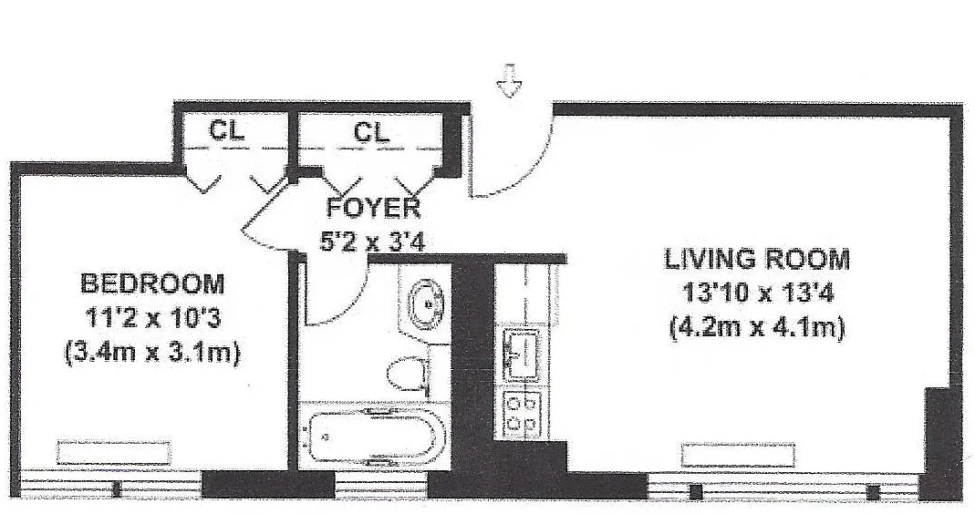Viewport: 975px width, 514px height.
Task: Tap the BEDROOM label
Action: [x=152, y=284]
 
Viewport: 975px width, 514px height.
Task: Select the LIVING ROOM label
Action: [x=757, y=259]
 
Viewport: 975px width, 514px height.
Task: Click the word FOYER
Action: [x=373, y=208]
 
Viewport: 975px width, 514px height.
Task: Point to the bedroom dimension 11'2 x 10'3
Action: [x=152, y=319]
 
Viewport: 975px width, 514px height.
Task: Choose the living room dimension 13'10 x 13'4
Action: [x=757, y=293]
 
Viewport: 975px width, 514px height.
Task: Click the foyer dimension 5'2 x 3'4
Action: [x=372, y=241]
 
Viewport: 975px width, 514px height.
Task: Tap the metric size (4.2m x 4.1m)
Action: [x=757, y=327]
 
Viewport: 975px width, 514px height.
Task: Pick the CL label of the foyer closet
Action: [x=372, y=132]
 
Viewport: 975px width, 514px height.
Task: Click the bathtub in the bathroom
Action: [x=372, y=437]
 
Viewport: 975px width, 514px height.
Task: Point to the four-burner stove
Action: [x=523, y=414]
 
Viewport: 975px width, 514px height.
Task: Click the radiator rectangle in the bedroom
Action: [x=114, y=452]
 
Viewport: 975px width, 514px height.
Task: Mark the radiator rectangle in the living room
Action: [x=738, y=455]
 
